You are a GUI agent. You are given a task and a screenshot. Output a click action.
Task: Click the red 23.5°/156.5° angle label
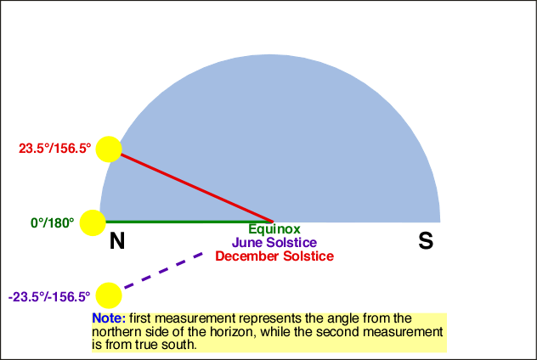[54, 149]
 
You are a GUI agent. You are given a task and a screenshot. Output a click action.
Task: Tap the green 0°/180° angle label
[53, 223]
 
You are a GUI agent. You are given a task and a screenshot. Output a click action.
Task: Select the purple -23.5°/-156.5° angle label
[49, 296]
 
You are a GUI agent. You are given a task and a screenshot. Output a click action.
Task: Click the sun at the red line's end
[109, 149]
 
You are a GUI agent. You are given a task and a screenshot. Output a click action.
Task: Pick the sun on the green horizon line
[93, 222]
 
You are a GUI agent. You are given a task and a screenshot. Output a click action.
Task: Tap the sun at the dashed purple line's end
[109, 295]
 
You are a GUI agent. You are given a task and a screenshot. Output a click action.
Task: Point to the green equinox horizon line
[189, 222]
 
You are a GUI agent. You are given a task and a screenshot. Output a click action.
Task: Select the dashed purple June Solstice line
[163, 270]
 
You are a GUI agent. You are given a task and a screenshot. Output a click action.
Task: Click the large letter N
[117, 240]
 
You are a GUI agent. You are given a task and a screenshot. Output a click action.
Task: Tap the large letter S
[426, 240]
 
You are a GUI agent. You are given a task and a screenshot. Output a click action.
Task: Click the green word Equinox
[274, 229]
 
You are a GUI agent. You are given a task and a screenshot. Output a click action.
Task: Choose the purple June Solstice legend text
[274, 243]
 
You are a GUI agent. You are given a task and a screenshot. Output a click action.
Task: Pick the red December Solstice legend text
[274, 256]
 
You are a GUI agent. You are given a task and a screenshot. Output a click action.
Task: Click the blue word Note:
[109, 318]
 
